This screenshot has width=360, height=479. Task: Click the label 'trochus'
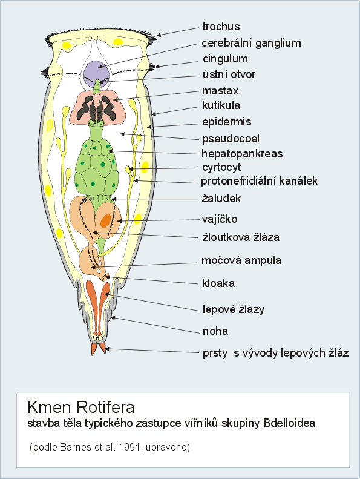click(x=221, y=27)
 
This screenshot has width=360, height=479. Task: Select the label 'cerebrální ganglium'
click(x=251, y=43)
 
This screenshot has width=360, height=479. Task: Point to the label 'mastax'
click(x=220, y=91)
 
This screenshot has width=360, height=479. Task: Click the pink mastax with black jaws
click(x=97, y=107)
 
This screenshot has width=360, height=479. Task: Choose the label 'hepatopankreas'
click(x=242, y=153)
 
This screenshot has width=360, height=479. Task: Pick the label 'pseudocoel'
click(x=231, y=139)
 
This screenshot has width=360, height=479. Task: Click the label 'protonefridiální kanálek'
click(x=259, y=181)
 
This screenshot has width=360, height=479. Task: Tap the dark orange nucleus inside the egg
click(x=106, y=220)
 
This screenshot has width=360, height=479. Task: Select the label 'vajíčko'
click(x=219, y=219)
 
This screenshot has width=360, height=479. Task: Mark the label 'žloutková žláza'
click(x=241, y=237)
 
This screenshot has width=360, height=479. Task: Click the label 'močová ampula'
click(x=241, y=260)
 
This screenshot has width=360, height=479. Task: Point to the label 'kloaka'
click(x=218, y=283)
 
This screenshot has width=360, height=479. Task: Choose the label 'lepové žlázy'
click(x=234, y=309)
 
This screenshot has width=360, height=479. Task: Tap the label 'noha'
click(x=215, y=331)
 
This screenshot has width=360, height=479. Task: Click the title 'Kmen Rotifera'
click(x=81, y=407)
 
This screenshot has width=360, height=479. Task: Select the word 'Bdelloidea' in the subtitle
click(x=289, y=423)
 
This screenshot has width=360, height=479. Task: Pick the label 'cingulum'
click(x=225, y=59)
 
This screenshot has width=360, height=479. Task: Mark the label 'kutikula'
click(x=221, y=105)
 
